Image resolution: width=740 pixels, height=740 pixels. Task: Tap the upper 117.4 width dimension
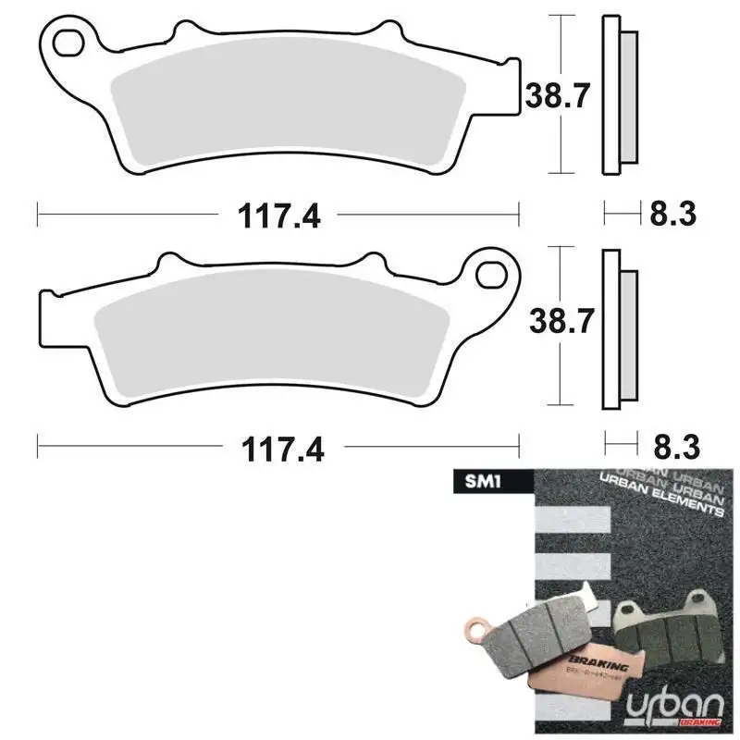pos(280,216)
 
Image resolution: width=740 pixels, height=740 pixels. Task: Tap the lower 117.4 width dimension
pos(280,450)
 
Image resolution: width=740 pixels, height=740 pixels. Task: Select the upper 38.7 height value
pos(558,94)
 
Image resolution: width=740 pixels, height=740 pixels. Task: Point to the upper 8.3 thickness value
pos(672,215)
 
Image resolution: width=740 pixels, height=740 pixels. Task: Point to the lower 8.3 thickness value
pos(672,450)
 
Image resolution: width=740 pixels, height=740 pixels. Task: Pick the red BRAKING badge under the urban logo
pos(703,722)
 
